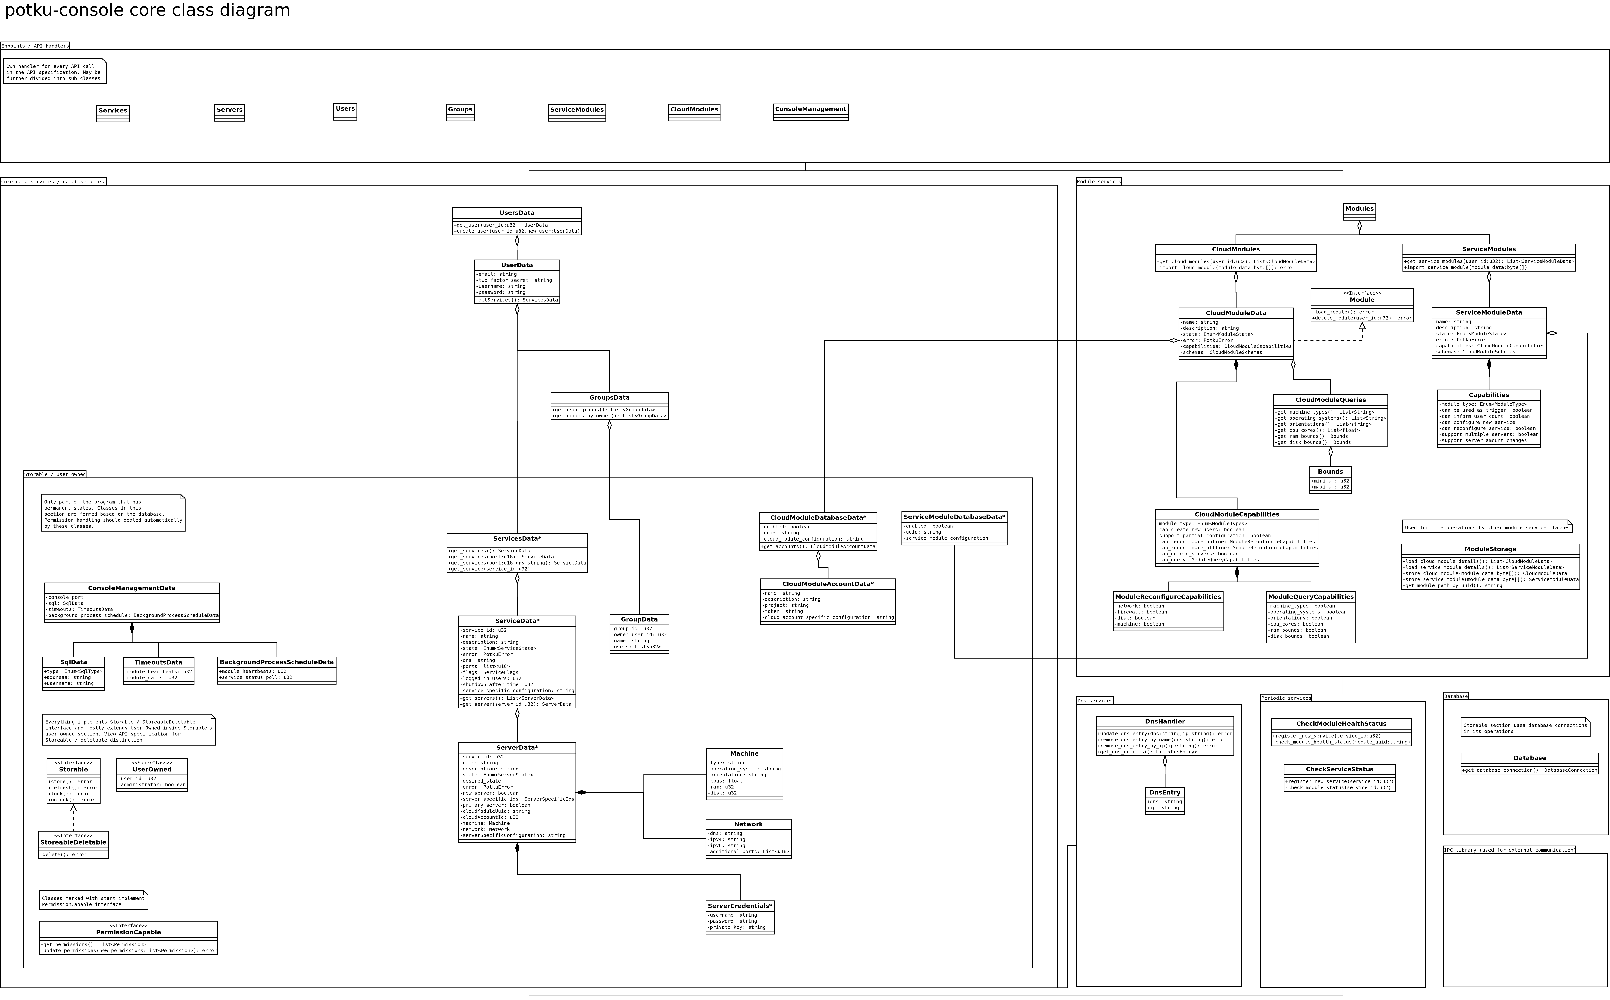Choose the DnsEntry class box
[1165, 800]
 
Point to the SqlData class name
[74, 662]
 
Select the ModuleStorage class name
[1490, 549]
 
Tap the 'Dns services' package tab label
[1094, 700]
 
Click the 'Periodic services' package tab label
[1286, 698]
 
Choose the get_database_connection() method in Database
[1529, 770]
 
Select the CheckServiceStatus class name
[1339, 769]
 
